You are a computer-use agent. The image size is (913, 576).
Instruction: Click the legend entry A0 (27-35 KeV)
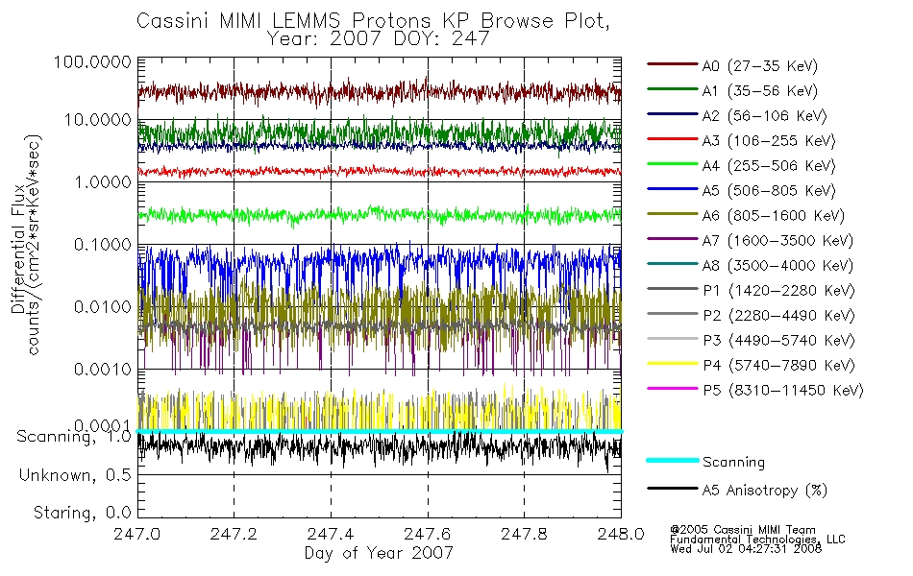[x=760, y=65]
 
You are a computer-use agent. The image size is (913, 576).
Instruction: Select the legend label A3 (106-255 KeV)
[x=769, y=141]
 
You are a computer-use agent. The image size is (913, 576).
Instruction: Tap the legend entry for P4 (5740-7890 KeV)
[x=779, y=366]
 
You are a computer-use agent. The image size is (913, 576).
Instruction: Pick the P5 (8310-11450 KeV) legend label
[x=783, y=390]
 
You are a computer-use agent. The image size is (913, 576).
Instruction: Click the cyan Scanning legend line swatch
[x=673, y=460]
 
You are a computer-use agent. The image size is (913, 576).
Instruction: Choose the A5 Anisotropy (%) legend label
[x=765, y=491]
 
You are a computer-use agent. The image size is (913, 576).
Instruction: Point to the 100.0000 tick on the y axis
[x=92, y=61]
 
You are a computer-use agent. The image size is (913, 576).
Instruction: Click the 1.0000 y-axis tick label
[x=103, y=182]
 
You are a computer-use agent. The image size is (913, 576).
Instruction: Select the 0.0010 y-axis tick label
[x=103, y=370]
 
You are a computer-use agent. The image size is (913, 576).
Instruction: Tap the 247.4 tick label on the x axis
[x=331, y=534]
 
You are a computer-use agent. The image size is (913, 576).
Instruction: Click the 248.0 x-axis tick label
[x=621, y=534]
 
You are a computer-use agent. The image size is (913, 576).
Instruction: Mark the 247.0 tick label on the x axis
[x=136, y=534]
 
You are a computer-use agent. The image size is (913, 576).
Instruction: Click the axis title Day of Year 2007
[x=379, y=553]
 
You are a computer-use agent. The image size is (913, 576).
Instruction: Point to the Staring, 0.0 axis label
[x=82, y=513]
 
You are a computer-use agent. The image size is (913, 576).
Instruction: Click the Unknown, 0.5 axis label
[x=75, y=475]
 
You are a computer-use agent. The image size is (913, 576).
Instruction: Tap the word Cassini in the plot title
[x=174, y=21]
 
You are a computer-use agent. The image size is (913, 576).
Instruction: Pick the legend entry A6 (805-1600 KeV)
[x=774, y=216]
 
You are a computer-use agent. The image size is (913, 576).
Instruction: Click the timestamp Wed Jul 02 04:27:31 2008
[x=746, y=549]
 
